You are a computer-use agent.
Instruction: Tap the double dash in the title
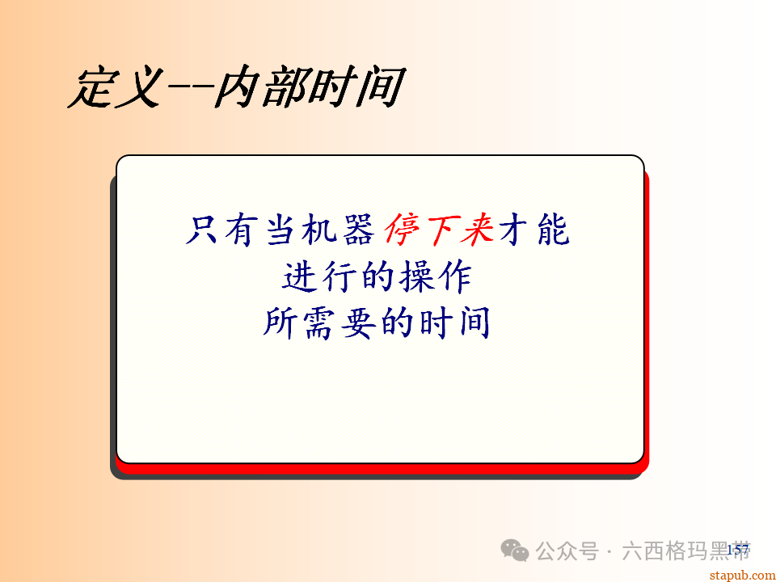tap(189, 88)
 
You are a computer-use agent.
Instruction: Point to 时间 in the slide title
tap(356, 88)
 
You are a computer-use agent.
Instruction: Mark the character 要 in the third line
tap(361, 323)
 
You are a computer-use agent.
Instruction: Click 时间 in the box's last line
tap(454, 323)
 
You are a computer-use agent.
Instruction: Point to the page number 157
tap(737, 550)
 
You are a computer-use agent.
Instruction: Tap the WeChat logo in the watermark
tap(515, 551)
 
